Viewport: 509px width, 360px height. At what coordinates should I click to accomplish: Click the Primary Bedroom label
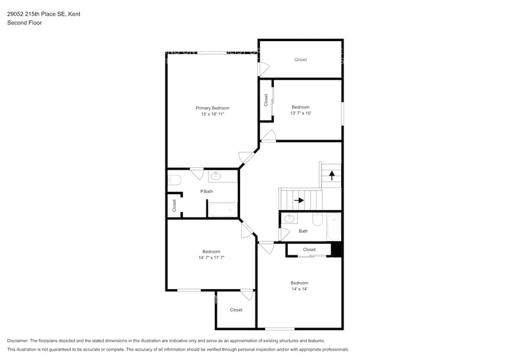point(213,108)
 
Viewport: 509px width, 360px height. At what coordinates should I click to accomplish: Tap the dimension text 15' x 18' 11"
point(213,114)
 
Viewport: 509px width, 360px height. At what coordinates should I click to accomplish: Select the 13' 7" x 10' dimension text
point(301,113)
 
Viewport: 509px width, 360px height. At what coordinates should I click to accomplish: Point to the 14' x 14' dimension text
point(300,289)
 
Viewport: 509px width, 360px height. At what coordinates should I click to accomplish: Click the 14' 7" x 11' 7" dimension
point(211,258)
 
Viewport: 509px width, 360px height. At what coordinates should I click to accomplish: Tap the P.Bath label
point(206,192)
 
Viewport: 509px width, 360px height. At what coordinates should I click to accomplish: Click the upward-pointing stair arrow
point(332,176)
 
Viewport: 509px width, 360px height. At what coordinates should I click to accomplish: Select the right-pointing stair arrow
point(299,200)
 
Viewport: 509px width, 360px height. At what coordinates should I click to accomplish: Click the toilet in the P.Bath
point(175,180)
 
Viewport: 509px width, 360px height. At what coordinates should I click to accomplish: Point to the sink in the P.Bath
point(216,176)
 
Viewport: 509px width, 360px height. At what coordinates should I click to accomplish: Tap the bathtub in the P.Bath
point(223,209)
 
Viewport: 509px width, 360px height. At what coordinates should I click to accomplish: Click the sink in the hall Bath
point(289,218)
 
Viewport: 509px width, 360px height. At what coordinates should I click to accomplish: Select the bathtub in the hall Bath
point(334,227)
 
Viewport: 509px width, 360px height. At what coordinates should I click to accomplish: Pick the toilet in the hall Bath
point(317,219)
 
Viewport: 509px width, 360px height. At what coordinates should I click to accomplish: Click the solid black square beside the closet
point(336,250)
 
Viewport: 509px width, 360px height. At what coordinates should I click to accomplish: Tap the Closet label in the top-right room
point(301,60)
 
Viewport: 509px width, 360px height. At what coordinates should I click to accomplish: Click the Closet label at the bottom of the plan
point(236,310)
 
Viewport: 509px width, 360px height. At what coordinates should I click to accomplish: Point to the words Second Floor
point(25,23)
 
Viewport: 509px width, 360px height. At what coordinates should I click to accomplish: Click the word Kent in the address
point(74,14)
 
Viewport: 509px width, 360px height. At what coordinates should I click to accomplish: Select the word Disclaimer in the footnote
point(18,341)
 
